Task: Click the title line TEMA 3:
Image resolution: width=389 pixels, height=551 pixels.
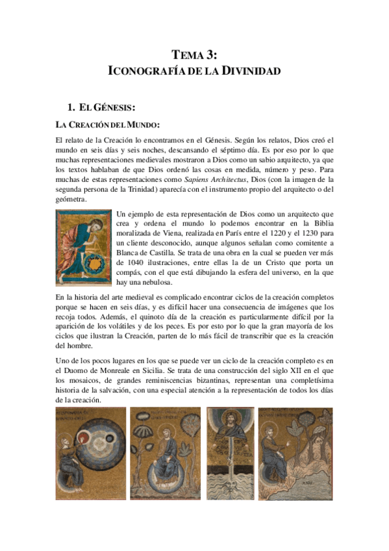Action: click(x=194, y=55)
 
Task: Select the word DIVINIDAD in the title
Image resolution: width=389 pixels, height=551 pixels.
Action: click(x=252, y=70)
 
